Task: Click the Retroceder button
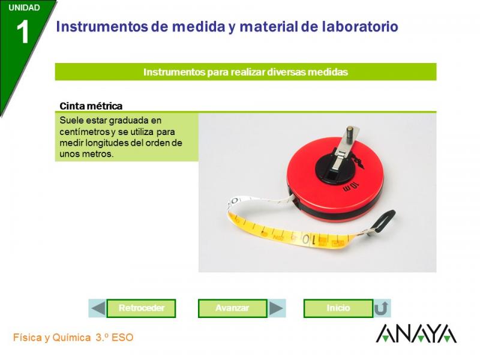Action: pyautogui.click(x=141, y=308)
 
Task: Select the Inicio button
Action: pyautogui.click(x=338, y=308)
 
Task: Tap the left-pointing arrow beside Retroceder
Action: pyautogui.click(x=98, y=308)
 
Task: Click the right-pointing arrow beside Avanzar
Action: pyautogui.click(x=277, y=308)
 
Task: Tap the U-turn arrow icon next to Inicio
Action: pyautogui.click(x=382, y=308)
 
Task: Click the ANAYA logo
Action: pyautogui.click(x=416, y=334)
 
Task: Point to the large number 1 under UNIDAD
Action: pyautogui.click(x=23, y=32)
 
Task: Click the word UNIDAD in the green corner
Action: pyautogui.click(x=24, y=8)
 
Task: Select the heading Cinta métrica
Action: pyautogui.click(x=91, y=106)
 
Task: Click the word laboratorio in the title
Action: pyautogui.click(x=360, y=26)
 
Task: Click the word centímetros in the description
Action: pyautogui.click(x=85, y=132)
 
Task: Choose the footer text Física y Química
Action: pyautogui.click(x=52, y=338)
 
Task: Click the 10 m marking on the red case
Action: pyautogui.click(x=350, y=186)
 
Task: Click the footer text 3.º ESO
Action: pyautogui.click(x=115, y=338)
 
